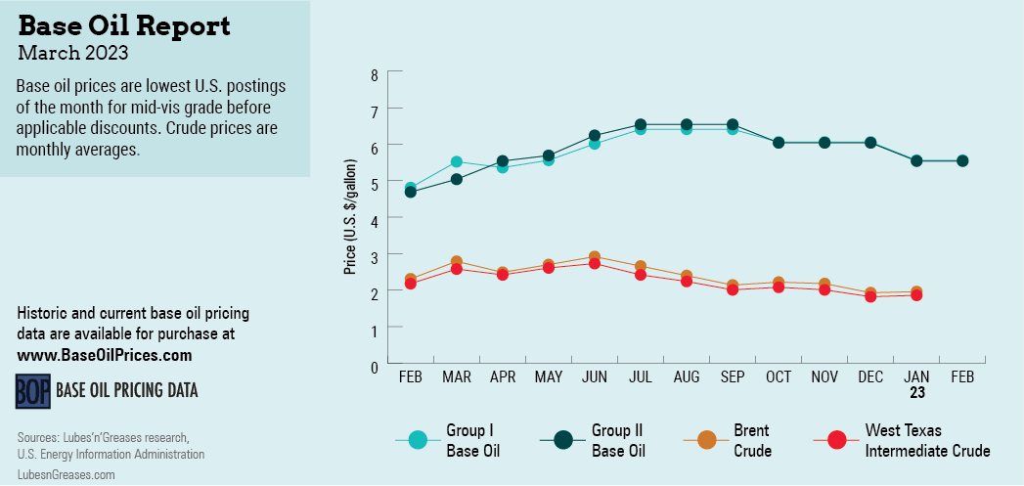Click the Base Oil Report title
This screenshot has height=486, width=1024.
pos(124,25)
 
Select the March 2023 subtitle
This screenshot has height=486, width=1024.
pos(72,51)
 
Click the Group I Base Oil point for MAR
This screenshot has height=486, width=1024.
pos(457,161)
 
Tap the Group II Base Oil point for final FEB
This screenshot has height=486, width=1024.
pos(962,160)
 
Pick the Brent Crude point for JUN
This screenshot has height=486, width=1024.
pos(595,257)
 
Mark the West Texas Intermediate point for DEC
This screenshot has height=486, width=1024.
pos(870,296)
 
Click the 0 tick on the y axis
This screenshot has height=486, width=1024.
pos(374,366)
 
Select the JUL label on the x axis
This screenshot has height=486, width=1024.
pos(641,376)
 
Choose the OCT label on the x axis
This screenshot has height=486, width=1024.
pos(779,376)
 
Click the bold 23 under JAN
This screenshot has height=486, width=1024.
pos(917,393)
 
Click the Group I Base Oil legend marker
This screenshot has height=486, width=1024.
pos(418,440)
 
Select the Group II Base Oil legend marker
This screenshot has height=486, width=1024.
pos(563,440)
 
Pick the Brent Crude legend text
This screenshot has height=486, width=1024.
pos(752,440)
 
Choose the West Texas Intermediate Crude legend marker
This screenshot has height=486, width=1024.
pos(836,440)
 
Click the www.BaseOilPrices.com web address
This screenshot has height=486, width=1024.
pos(105,355)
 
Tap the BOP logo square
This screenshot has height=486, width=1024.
pos(32,390)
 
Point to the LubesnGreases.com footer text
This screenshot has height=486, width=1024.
pos(66,474)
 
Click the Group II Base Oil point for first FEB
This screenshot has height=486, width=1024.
pos(411,192)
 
